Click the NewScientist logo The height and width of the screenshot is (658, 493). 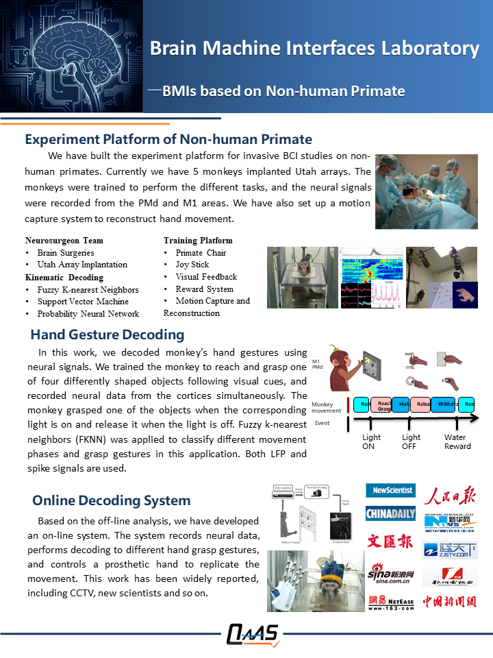pos(390,490)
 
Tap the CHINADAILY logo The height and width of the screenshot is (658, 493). pos(390,513)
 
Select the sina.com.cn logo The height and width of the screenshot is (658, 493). pos(392,572)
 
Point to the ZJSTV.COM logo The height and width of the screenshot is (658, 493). pos(449,550)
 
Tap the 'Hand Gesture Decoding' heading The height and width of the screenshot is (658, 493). pos(107,335)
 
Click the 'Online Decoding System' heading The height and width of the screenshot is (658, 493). pos(111,501)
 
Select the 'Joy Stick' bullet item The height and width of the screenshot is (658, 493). pos(192,265)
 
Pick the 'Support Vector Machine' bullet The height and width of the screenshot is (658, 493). pos(83,302)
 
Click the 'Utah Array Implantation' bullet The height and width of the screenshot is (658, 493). pos(82,265)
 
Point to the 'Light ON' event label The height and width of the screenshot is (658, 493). pos(372,441)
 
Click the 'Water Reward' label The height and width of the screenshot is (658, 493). pos(457,441)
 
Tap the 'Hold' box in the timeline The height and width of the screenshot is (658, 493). pos(401,404)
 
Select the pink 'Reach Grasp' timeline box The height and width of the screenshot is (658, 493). pos(381,404)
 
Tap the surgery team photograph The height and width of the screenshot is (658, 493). pos(426,191)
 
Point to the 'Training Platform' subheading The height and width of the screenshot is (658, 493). pos(198,241)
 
